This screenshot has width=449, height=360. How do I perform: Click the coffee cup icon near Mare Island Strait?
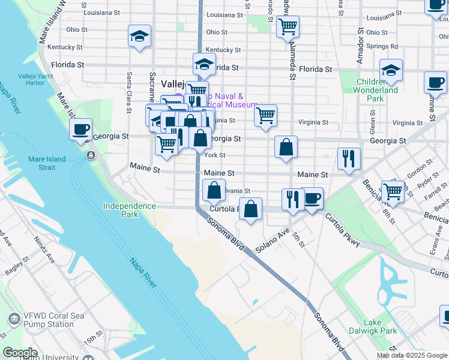click(x=80, y=128)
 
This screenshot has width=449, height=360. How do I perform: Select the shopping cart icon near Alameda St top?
click(x=288, y=26)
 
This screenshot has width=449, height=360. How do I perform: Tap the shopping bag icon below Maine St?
click(x=214, y=191)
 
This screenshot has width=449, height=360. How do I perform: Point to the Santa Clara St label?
click(x=129, y=93)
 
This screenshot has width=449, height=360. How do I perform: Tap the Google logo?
click(x=20, y=353)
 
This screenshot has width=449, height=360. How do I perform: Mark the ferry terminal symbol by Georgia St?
click(x=91, y=155)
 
